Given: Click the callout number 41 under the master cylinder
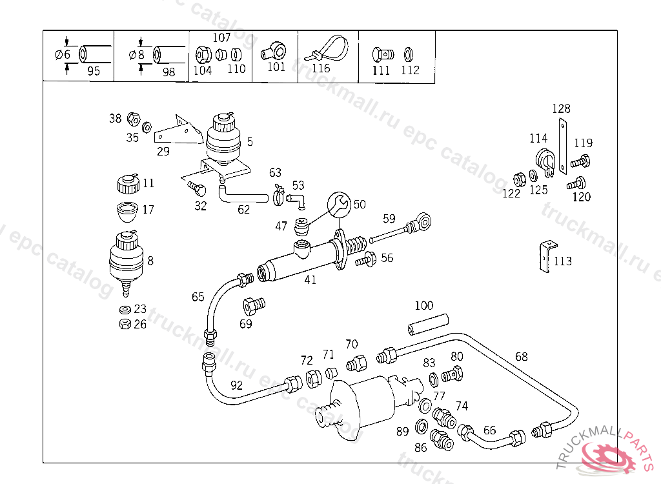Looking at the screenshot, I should (x=310, y=281).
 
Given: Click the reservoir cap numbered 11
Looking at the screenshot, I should (x=128, y=183).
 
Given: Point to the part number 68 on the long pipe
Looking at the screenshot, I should (x=522, y=356).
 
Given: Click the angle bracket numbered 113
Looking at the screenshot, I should (x=545, y=256).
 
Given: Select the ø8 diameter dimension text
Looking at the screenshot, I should (x=137, y=55).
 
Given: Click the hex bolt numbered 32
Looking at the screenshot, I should (x=196, y=188).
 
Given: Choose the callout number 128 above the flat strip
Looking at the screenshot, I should (x=561, y=108).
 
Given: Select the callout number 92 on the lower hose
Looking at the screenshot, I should (x=237, y=386).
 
